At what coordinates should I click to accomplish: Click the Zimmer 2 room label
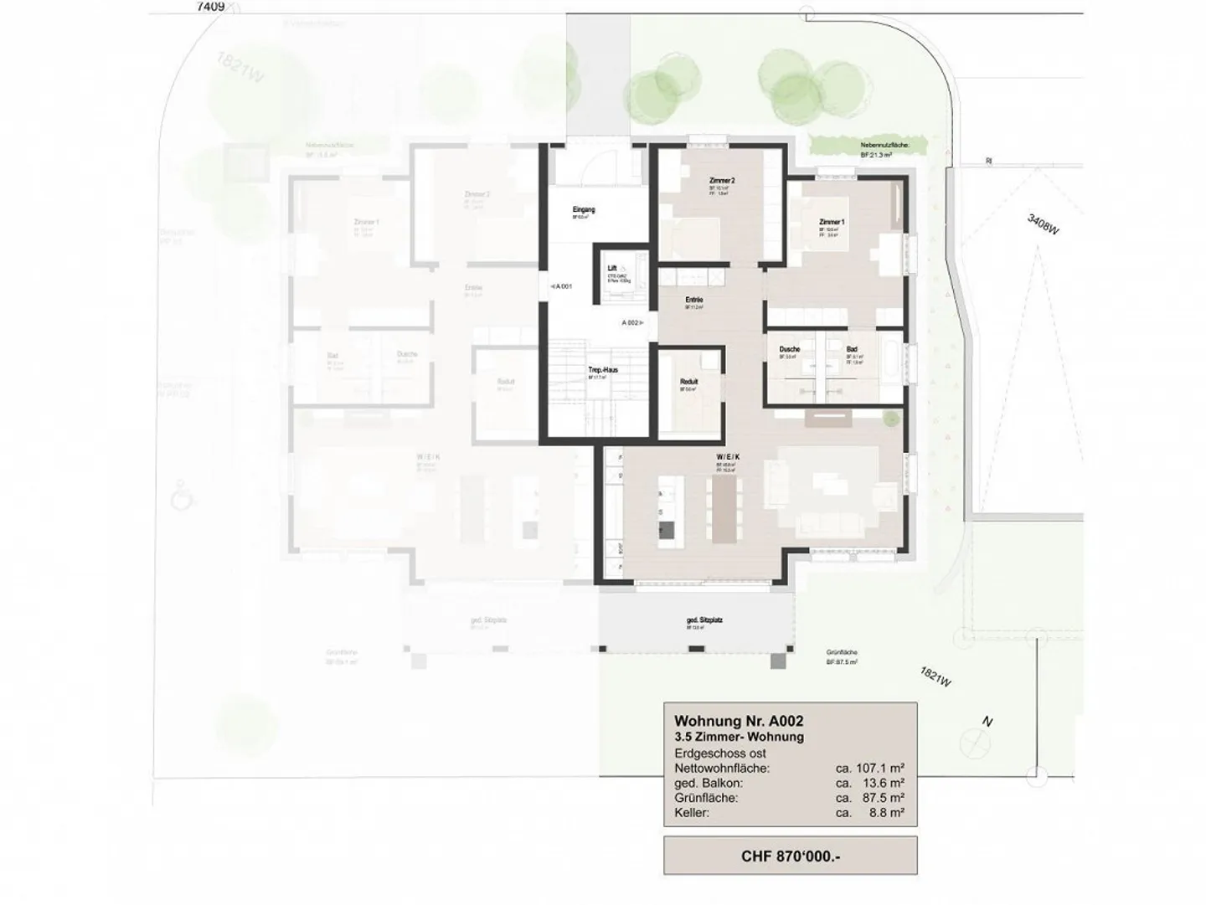(721, 181)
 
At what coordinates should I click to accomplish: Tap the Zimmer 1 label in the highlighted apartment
(831, 222)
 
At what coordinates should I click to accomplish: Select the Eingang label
(584, 209)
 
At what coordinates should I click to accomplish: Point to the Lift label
(612, 269)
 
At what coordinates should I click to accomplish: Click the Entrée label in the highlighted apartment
(693, 300)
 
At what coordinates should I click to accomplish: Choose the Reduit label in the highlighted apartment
(688, 382)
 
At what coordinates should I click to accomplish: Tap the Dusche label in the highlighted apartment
(789, 349)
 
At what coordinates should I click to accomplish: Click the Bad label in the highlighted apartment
(852, 349)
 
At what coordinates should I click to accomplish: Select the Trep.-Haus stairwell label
(603, 369)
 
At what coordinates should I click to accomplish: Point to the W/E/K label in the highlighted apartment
(727, 457)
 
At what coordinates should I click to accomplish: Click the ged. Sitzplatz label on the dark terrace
(704, 620)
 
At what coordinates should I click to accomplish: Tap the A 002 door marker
(631, 322)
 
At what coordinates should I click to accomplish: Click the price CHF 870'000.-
(790, 856)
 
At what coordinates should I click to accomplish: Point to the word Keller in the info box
(691, 813)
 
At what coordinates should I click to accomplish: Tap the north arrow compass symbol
(974, 740)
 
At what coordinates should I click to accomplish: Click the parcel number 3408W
(1044, 224)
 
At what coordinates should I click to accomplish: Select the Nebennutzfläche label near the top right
(891, 146)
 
